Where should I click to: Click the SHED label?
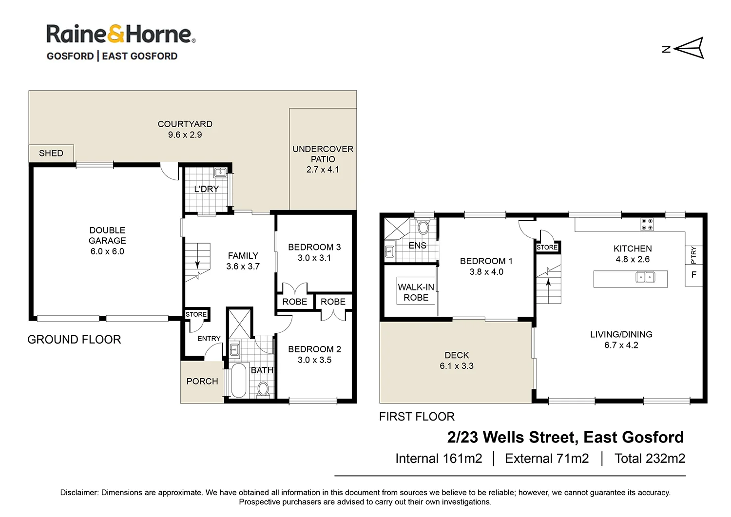pos(51,153)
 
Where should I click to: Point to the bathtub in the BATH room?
pos(238,381)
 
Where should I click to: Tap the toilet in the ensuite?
pos(423,227)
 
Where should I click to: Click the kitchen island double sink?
pos(645,278)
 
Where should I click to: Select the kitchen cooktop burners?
pos(647,224)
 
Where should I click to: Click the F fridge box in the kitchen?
pos(693,275)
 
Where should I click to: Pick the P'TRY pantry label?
pos(693,255)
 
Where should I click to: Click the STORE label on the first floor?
pos(547,248)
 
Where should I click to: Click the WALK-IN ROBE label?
pos(416,292)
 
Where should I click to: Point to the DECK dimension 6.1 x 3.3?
pos(457,366)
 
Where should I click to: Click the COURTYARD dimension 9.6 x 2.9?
pos(185,135)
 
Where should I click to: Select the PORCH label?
pos(202,382)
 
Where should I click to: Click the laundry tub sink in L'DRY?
pos(220,172)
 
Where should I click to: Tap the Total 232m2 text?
pos(650,459)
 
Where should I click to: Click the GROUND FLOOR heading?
pos(74,340)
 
